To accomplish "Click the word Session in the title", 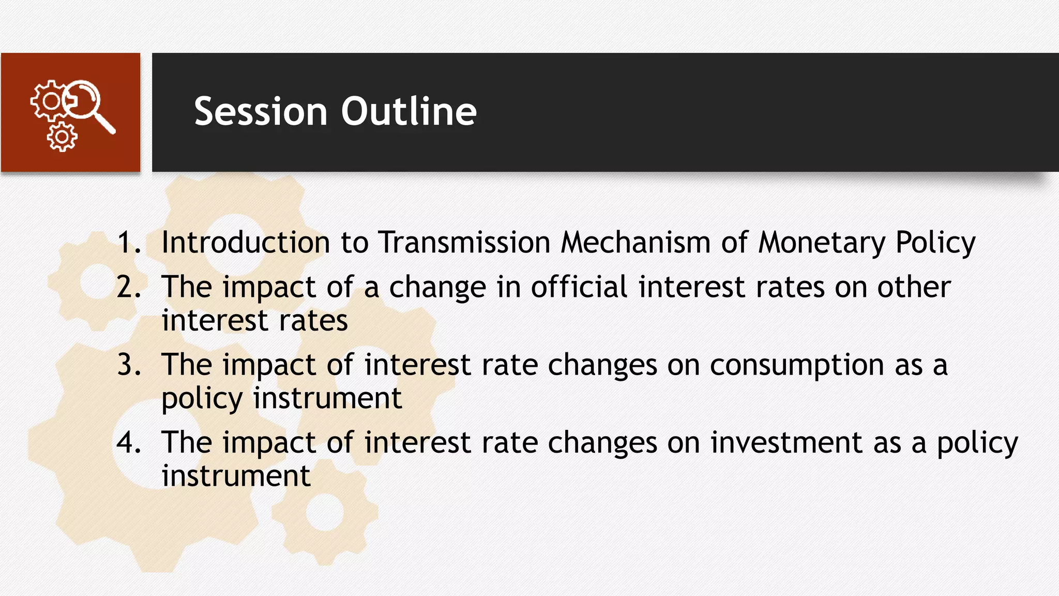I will click(261, 111).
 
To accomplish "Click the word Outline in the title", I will click(409, 111).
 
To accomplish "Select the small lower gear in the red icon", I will click(62, 137).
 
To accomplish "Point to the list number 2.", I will click(128, 287).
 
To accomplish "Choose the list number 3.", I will click(128, 365).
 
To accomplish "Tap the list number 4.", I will click(128, 442).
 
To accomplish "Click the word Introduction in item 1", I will click(245, 242).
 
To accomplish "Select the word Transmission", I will click(464, 242).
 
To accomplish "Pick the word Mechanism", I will click(636, 242).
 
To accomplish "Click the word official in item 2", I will click(579, 287).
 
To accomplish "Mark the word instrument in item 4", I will click(236, 476).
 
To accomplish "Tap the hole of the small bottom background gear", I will click(325, 512).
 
